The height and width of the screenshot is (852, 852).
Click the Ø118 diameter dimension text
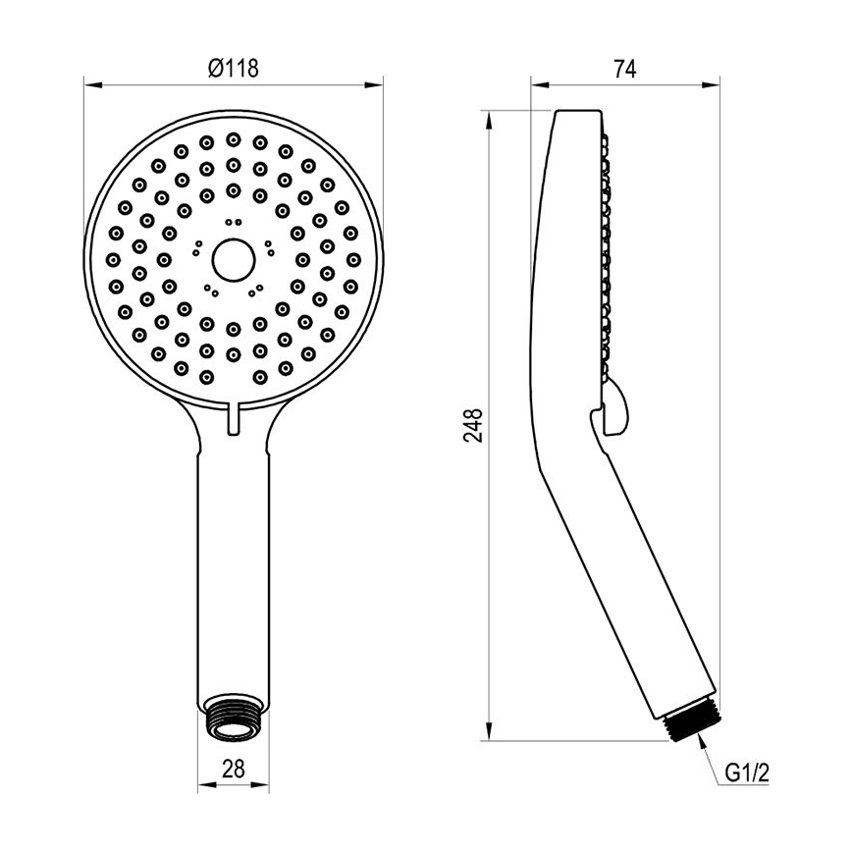pyautogui.click(x=234, y=69)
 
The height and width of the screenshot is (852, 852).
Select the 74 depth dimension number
pyautogui.click(x=625, y=69)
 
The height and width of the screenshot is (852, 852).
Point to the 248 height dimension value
pyautogui.click(x=473, y=426)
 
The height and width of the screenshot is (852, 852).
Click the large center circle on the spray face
pyautogui.click(x=234, y=259)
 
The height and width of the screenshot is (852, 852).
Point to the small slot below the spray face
pyautogui.click(x=234, y=416)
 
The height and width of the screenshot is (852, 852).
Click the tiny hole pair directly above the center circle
pyautogui.click(x=234, y=222)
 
